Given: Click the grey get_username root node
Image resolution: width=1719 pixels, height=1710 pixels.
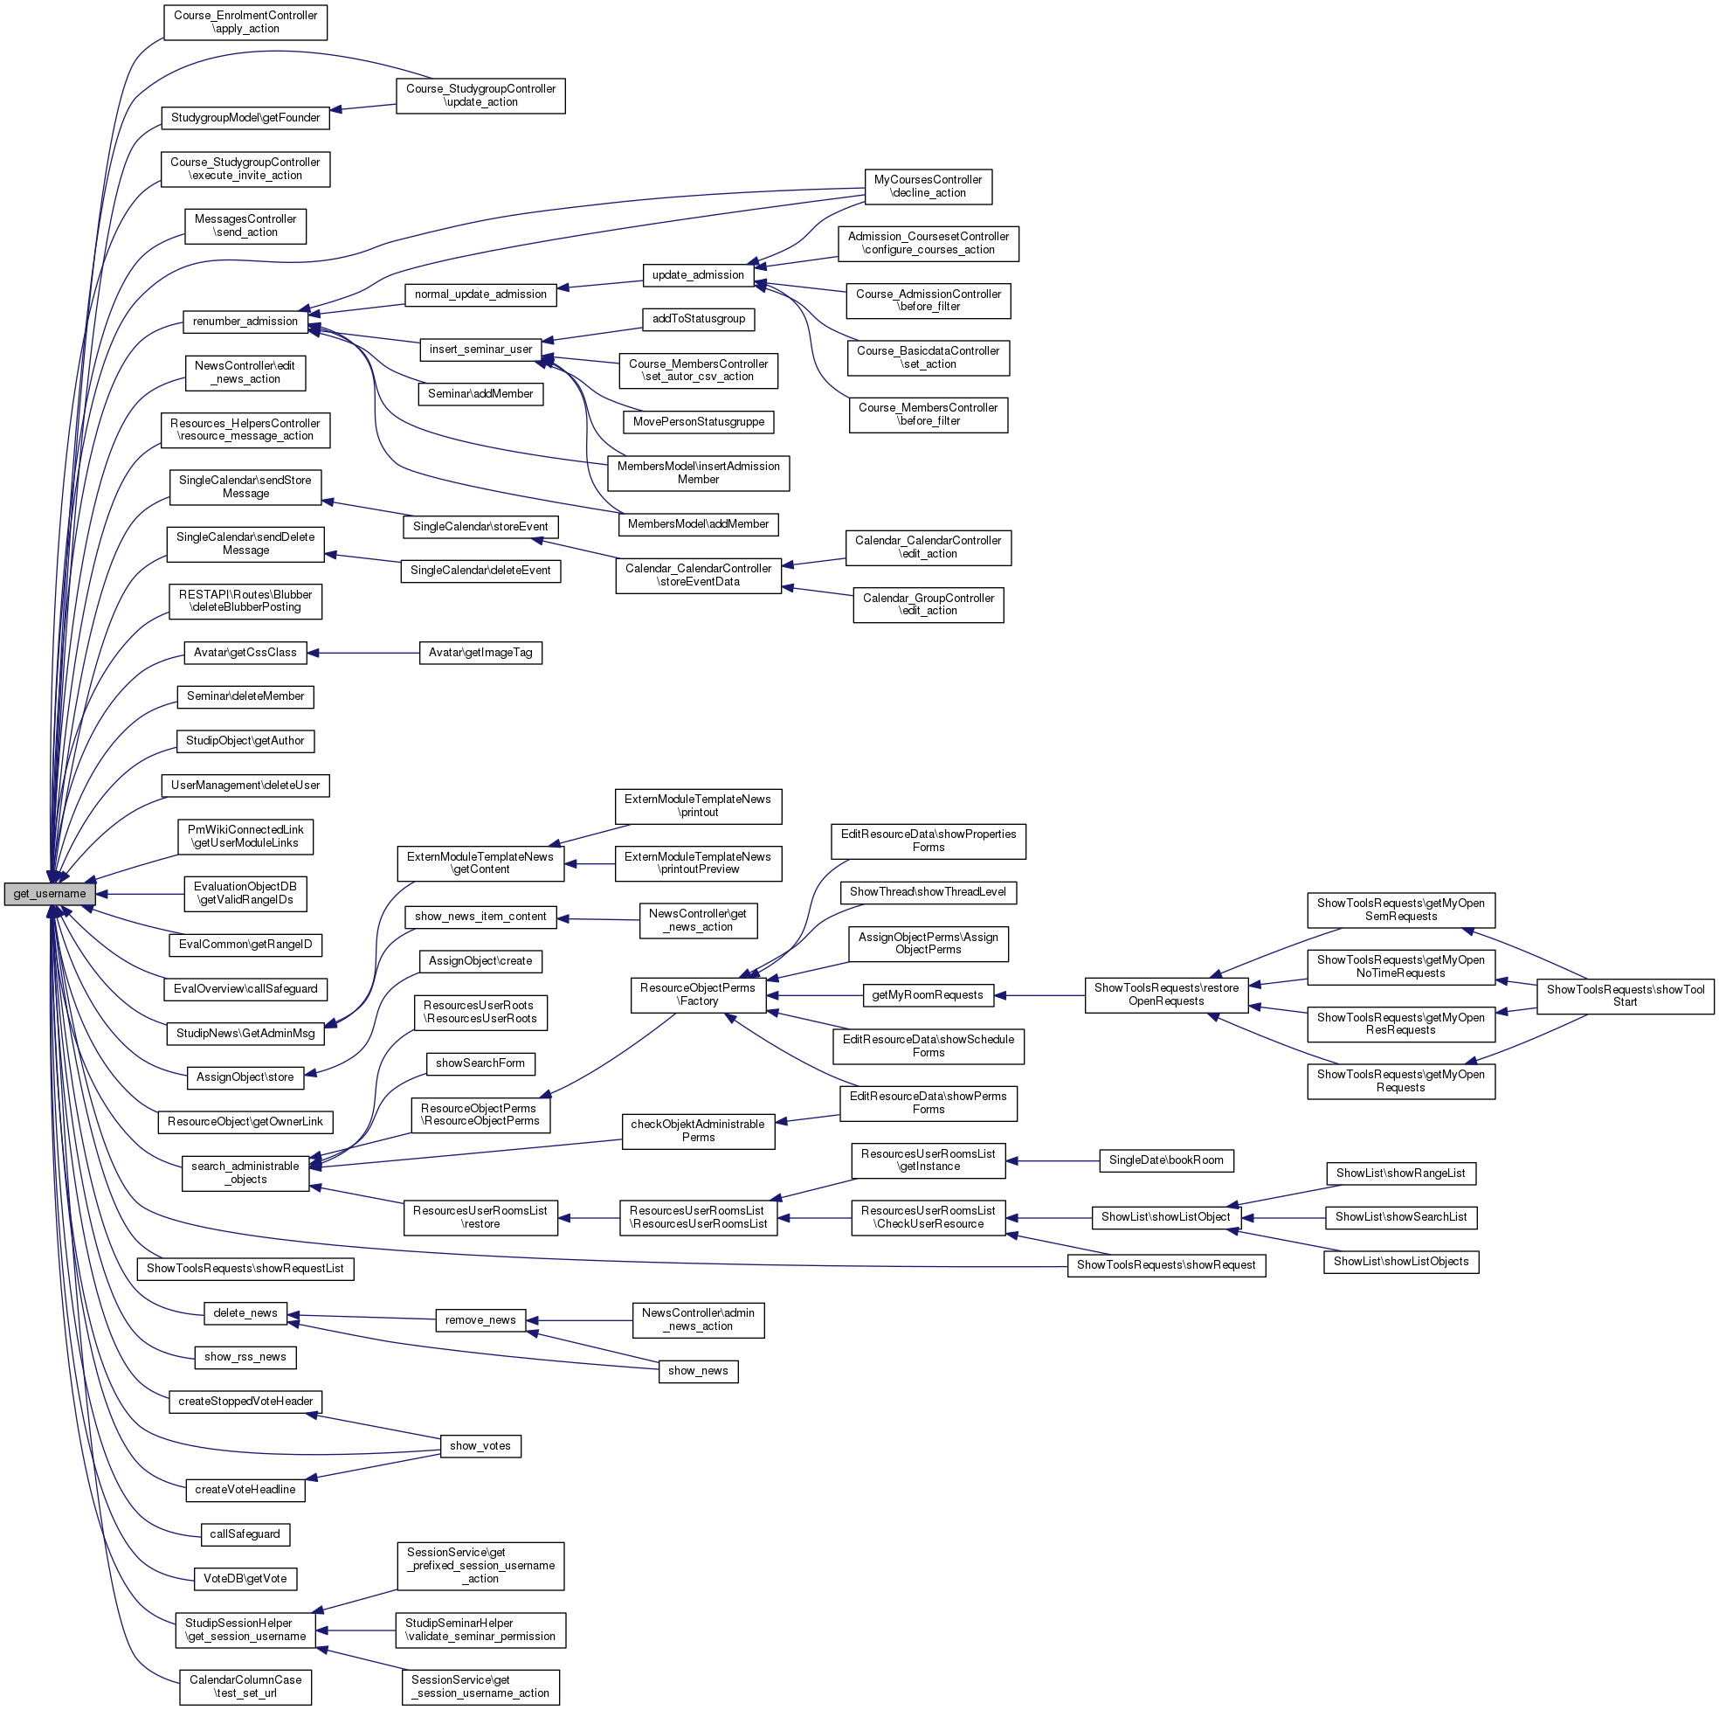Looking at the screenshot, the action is click(x=49, y=894).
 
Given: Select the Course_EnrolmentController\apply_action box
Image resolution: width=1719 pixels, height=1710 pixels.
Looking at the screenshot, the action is click(x=245, y=22).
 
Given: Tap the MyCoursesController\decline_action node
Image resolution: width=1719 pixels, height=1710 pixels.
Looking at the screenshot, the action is click(x=928, y=186).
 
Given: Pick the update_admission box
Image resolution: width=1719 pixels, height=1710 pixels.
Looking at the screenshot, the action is click(x=698, y=275).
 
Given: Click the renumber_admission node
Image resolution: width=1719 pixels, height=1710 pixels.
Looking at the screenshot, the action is click(x=245, y=322).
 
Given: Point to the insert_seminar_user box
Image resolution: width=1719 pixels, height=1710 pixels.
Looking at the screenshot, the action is click(x=480, y=349).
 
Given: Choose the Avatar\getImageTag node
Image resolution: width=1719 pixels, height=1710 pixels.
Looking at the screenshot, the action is click(x=480, y=653).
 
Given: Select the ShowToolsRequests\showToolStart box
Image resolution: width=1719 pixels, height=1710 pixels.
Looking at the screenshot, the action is click(x=1625, y=995).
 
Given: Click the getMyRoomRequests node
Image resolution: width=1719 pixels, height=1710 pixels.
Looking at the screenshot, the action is click(x=927, y=995).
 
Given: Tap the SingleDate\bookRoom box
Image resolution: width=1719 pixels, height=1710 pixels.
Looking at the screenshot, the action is click(x=1165, y=1160).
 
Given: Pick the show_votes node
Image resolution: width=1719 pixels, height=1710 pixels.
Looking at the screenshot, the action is click(x=480, y=1445).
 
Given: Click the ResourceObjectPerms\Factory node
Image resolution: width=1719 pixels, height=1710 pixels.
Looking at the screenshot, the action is click(x=698, y=994).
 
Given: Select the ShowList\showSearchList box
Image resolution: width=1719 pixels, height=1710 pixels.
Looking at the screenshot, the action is click(x=1400, y=1217).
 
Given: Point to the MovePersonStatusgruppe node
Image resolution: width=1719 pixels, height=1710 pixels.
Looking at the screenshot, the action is click(x=699, y=421).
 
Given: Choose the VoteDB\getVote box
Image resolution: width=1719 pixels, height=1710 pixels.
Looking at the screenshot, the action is click(x=245, y=1578).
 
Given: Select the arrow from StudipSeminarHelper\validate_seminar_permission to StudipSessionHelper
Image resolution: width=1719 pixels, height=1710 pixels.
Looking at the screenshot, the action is click(x=356, y=1630).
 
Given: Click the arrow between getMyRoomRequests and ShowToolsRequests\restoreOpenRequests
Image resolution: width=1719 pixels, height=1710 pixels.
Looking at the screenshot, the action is click(x=1039, y=995).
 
